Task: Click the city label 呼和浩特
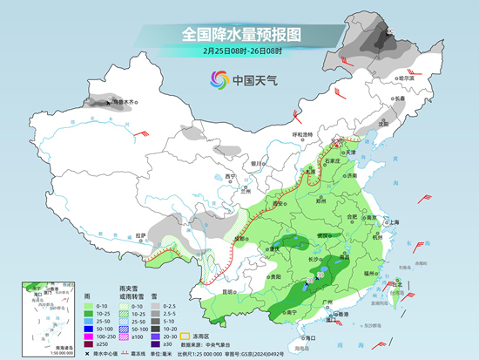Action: tap(301, 134)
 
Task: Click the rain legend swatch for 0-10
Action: tap(91, 307)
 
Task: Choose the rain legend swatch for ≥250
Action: tap(91, 346)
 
